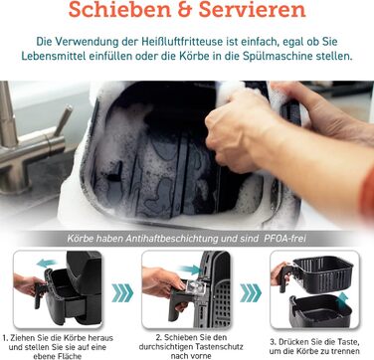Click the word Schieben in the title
(x=118, y=9)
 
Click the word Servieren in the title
(x=252, y=9)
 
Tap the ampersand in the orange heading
(x=184, y=9)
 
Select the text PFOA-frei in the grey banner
(x=284, y=238)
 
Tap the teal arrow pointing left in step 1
(x=47, y=264)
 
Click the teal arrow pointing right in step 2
(x=190, y=270)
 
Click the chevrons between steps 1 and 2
(x=122, y=293)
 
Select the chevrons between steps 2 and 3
(x=251, y=293)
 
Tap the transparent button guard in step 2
(x=192, y=285)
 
